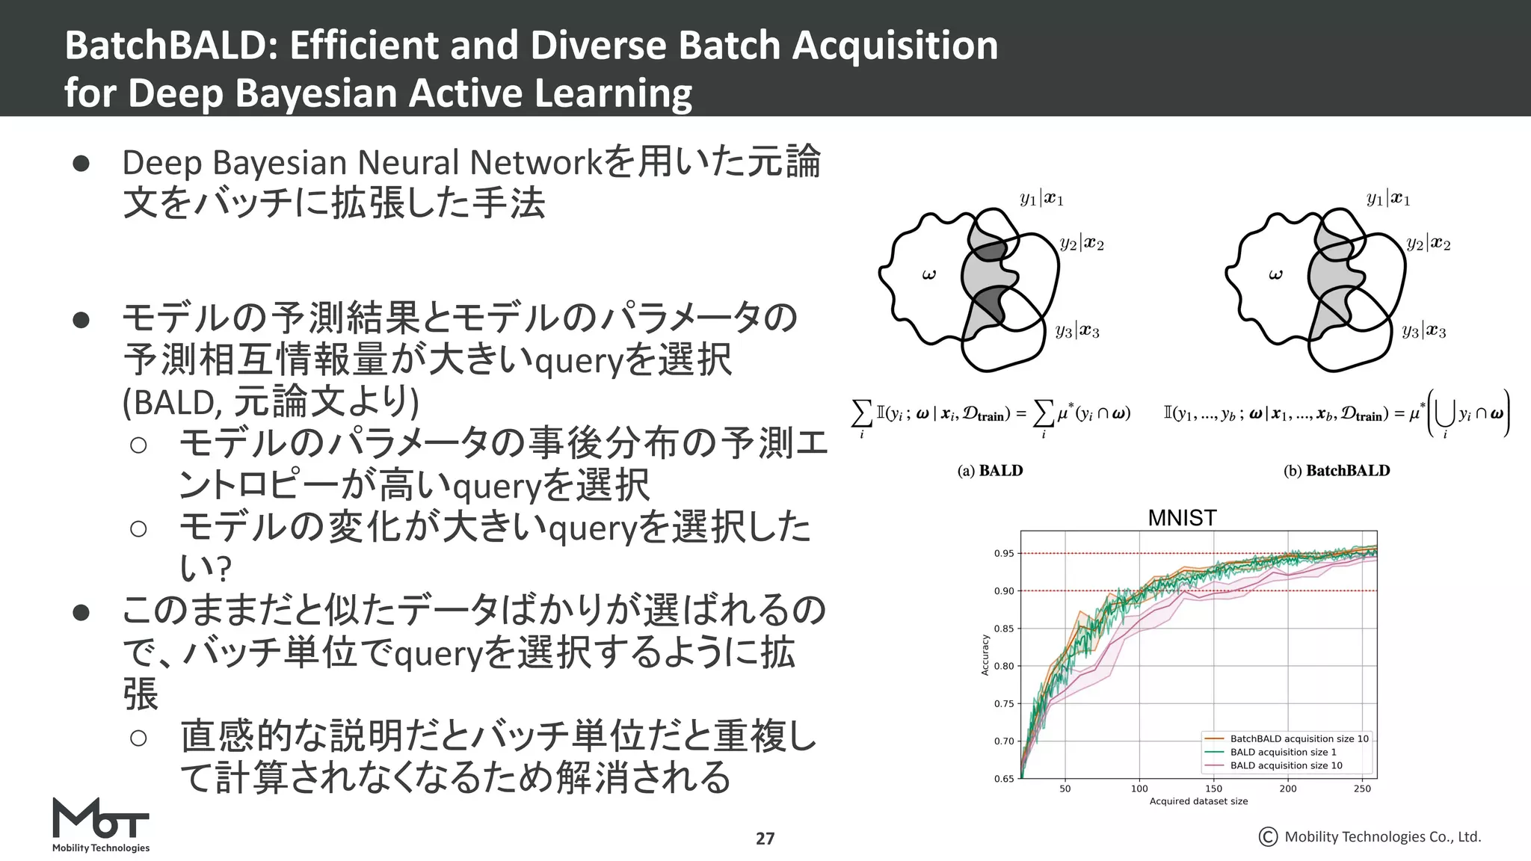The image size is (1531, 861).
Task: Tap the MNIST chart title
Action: tap(1182, 517)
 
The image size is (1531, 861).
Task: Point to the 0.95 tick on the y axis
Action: tap(1003, 554)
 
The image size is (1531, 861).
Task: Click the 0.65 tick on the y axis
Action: tap(1003, 779)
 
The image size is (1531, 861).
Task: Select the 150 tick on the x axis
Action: tap(1213, 789)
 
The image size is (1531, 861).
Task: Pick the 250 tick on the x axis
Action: tap(1362, 789)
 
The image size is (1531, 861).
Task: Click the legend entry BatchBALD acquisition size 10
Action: tap(1299, 738)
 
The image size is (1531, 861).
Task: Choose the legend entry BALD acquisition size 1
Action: tap(1283, 752)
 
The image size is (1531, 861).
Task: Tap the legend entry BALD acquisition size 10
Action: tap(1286, 765)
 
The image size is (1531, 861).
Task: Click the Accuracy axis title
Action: tap(985, 655)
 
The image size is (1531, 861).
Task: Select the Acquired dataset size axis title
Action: tap(1198, 801)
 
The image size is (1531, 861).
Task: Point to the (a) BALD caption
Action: tap(990, 471)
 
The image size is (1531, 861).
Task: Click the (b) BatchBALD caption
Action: tap(1337, 471)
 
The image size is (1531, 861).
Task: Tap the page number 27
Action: tap(765, 839)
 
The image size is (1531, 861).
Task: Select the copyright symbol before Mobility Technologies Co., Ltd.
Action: tap(1268, 837)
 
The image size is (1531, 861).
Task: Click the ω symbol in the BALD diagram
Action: tap(928, 275)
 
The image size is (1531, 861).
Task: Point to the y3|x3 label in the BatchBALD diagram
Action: tap(1423, 331)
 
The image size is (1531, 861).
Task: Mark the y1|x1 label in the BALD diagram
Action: tap(1041, 199)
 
